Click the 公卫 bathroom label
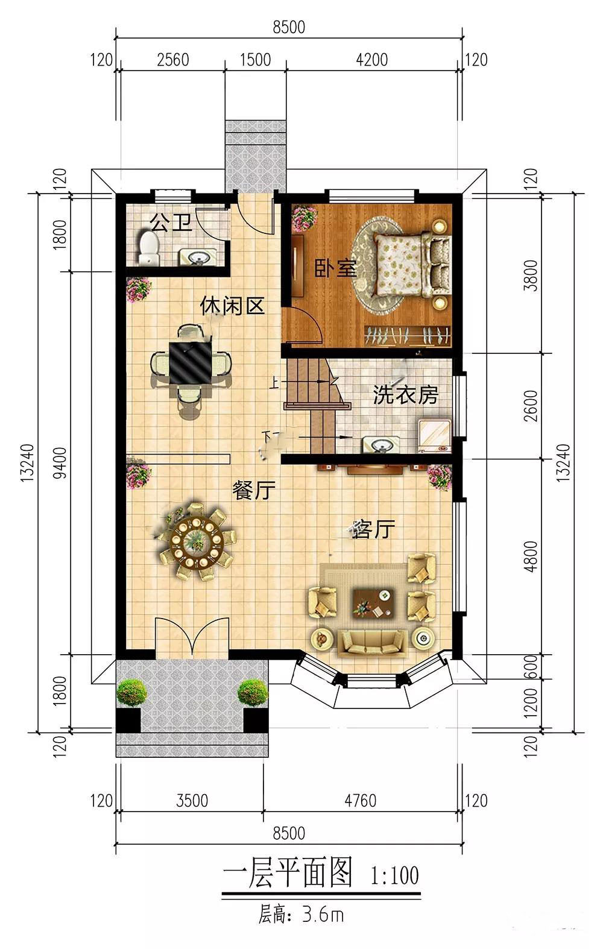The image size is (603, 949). [x=172, y=222]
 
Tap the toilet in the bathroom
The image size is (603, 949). [x=148, y=248]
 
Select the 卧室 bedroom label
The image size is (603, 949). [x=335, y=268]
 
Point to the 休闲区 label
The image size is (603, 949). [x=232, y=306]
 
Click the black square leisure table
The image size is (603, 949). [x=191, y=363]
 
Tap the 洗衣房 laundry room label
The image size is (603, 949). [x=406, y=396]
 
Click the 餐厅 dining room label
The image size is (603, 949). [x=254, y=490]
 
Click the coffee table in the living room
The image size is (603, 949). [x=374, y=602]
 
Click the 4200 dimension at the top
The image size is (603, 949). [x=372, y=60]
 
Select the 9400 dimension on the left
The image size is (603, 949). [x=60, y=462]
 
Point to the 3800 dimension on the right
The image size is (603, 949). [x=531, y=276]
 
